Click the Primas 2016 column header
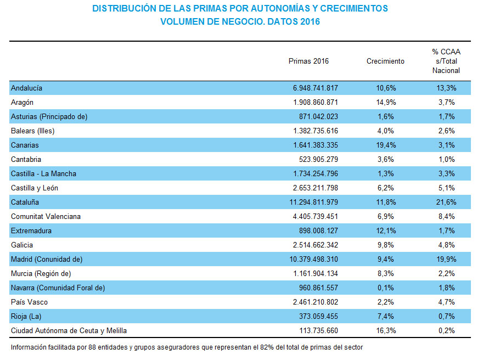pyautogui.click(x=308, y=61)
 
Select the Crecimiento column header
pyautogui.click(x=385, y=61)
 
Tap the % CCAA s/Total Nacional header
pyautogui.click(x=446, y=61)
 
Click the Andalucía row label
pyautogui.click(x=26, y=88)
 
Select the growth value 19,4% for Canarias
pyautogui.click(x=385, y=145)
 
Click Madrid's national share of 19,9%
pyautogui.click(x=446, y=259)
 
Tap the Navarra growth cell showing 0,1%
pyautogui.click(x=385, y=288)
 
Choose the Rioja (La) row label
pyautogui.click(x=26, y=316)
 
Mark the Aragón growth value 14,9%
pyautogui.click(x=385, y=102)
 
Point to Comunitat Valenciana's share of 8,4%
pyautogui.click(x=446, y=216)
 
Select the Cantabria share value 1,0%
pyautogui.click(x=446, y=159)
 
